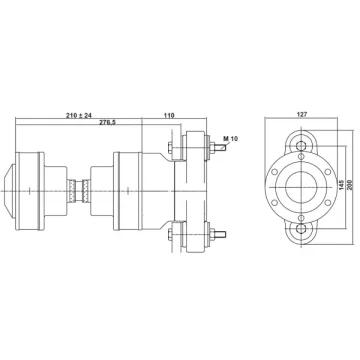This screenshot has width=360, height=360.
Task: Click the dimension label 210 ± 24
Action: [x=79, y=115]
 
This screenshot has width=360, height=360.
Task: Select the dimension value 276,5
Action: [x=107, y=122]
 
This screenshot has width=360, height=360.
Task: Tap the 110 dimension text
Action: [x=169, y=115]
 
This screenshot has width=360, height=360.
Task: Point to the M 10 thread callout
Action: [x=231, y=138]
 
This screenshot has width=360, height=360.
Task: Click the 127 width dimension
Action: [x=302, y=114]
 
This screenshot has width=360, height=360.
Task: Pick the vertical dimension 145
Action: [x=342, y=184]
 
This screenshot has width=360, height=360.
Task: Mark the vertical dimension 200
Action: [x=350, y=184]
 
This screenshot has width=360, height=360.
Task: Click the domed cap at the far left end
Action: [x=9, y=191]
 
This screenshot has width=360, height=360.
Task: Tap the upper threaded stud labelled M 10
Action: [x=221, y=147]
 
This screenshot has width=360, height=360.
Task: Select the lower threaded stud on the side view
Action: [x=221, y=234]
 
